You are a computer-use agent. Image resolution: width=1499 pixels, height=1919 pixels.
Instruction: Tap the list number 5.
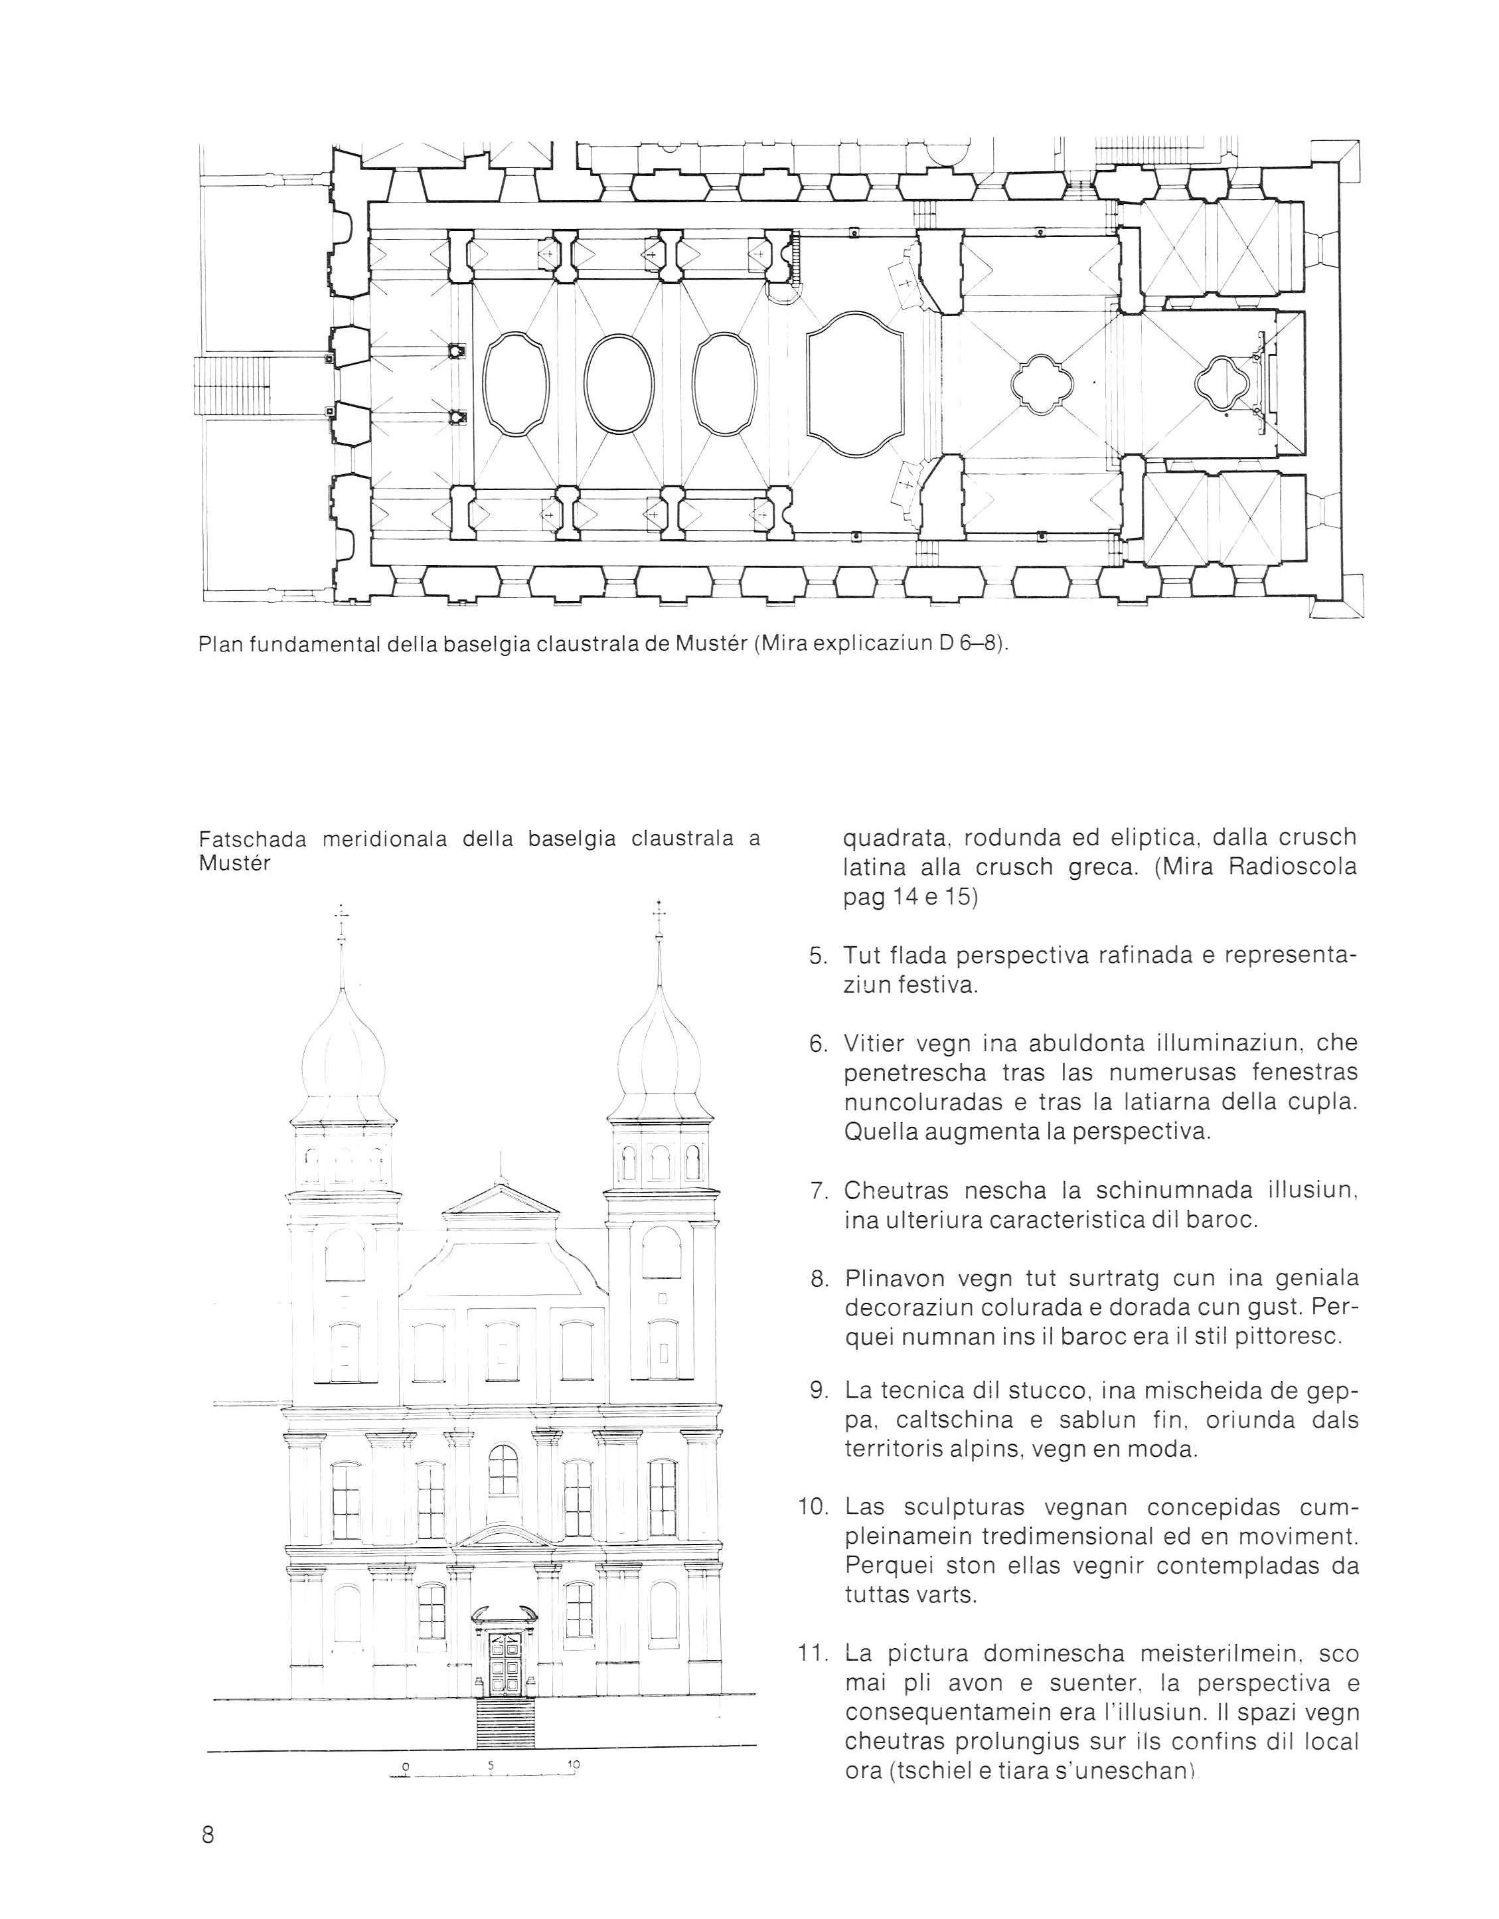pyautogui.click(x=817, y=955)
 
